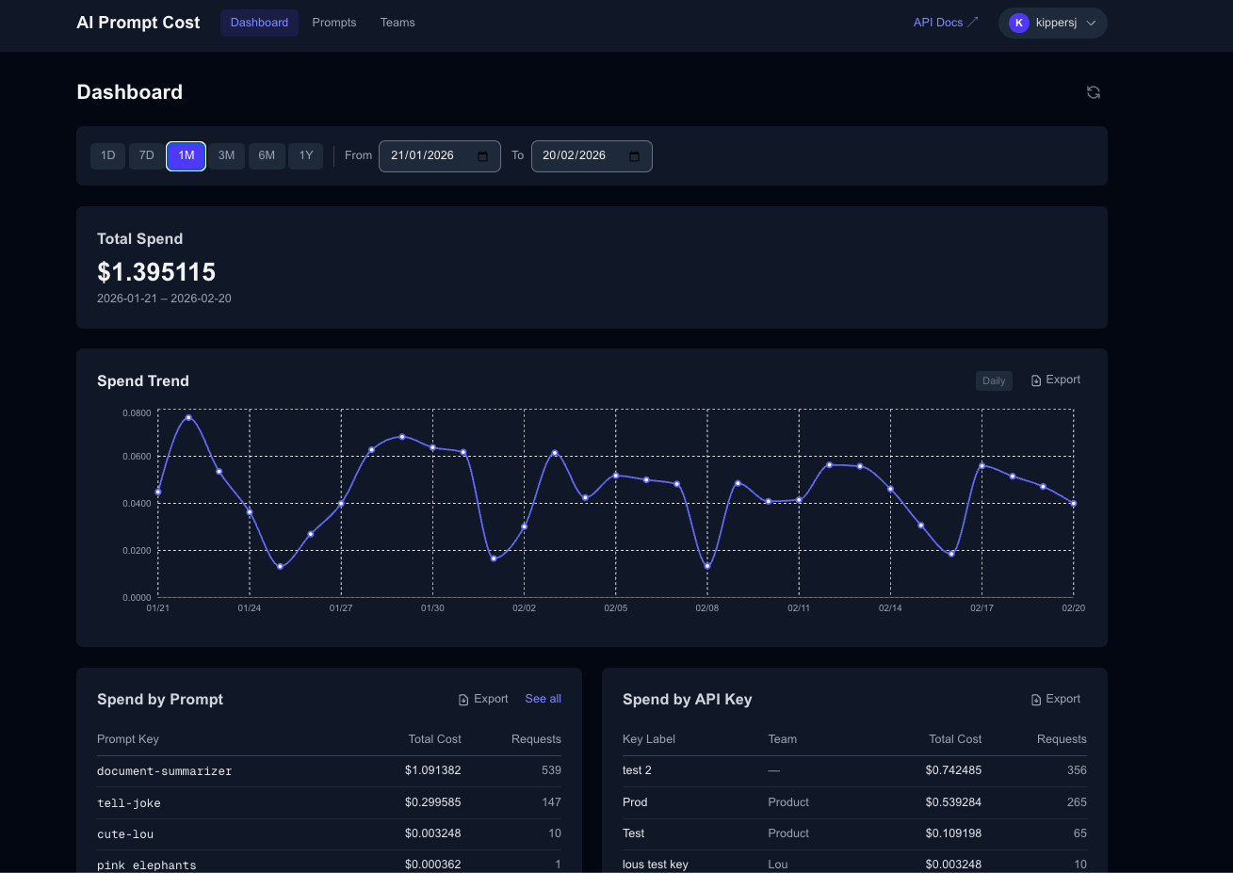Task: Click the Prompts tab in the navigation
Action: pyautogui.click(x=334, y=23)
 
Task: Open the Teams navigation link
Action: pyautogui.click(x=397, y=23)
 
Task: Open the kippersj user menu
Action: pyautogui.click(x=1052, y=23)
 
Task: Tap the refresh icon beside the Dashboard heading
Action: pyautogui.click(x=1094, y=92)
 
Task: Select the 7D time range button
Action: pyautogui.click(x=146, y=155)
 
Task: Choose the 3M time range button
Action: pyautogui.click(x=226, y=155)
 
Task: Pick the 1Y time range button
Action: pyautogui.click(x=306, y=155)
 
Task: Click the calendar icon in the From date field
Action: pyautogui.click(x=483, y=156)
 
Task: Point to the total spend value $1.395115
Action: pyautogui.click(x=156, y=272)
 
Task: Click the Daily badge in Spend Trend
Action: pyautogui.click(x=994, y=380)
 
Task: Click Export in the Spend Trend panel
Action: pyautogui.click(x=1056, y=380)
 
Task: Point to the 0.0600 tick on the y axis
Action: pyautogui.click(x=137, y=457)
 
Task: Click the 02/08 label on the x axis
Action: pyautogui.click(x=707, y=608)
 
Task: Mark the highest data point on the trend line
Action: pyautogui.click(x=188, y=417)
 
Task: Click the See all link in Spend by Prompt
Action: pyautogui.click(x=543, y=699)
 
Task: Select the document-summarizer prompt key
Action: pyautogui.click(x=164, y=771)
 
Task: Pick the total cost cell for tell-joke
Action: pyautogui.click(x=432, y=802)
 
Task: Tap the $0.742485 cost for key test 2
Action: pyautogui.click(x=953, y=770)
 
